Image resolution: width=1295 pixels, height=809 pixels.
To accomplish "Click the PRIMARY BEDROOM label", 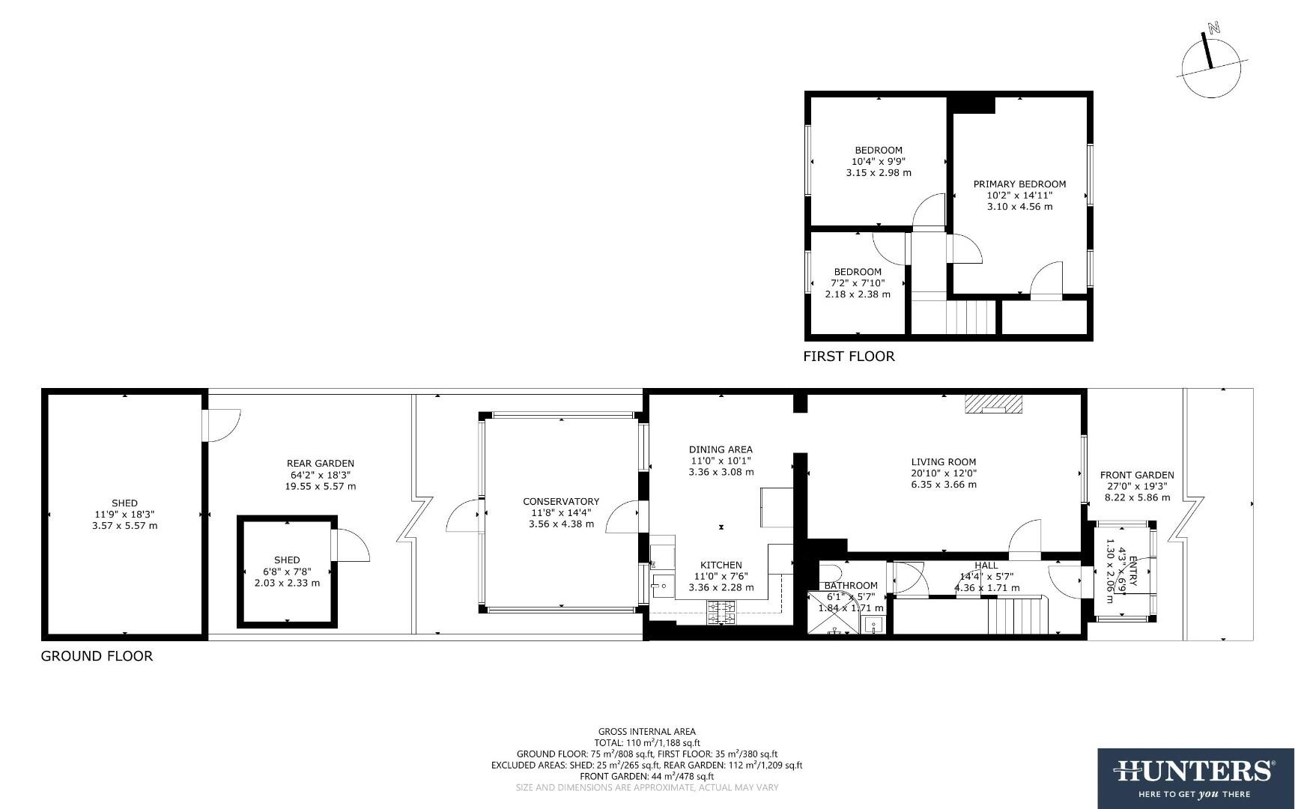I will (x=1019, y=184).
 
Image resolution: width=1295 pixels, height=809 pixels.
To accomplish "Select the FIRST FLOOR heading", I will (x=849, y=357).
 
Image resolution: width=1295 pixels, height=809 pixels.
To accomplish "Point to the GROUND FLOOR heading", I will (x=97, y=656).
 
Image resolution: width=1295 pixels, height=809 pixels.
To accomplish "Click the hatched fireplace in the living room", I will (x=993, y=404).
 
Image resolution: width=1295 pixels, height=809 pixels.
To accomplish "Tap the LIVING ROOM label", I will (x=944, y=462).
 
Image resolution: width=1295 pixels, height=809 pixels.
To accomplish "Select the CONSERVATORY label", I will (x=561, y=502).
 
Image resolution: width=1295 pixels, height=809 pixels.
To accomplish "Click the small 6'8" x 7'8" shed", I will (x=287, y=571).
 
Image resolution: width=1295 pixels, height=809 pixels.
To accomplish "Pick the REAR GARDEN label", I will (x=321, y=464).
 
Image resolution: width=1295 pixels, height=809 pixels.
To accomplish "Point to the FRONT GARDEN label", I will (x=1136, y=475).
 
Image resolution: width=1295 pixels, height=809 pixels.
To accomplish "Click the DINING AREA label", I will (x=721, y=449).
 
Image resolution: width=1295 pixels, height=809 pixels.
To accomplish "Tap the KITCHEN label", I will (x=721, y=565).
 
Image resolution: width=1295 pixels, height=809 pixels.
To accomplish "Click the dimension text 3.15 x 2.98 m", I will (x=879, y=172).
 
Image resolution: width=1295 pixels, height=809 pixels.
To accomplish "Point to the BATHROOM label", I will (x=851, y=586).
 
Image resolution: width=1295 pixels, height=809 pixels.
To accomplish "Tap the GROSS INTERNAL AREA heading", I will (x=646, y=732).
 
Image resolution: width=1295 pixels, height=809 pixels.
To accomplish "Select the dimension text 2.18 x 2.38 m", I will (x=858, y=294).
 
